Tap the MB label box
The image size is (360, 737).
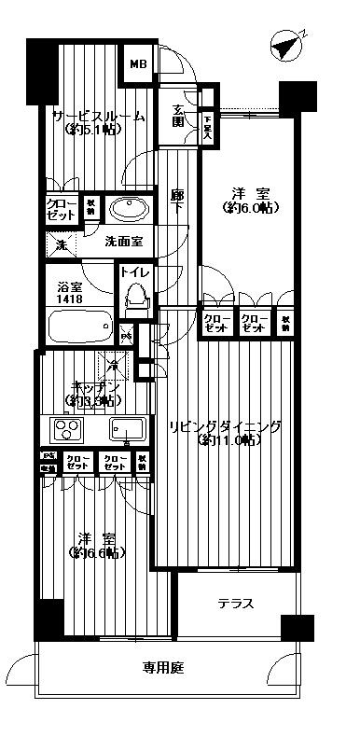138,64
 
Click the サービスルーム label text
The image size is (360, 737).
99,117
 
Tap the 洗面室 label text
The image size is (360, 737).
122,241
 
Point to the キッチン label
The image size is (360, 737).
95,387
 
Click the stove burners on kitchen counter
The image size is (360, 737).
67,430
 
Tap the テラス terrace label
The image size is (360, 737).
236,603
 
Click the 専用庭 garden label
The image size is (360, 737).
161,667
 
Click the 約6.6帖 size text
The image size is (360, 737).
98,552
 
